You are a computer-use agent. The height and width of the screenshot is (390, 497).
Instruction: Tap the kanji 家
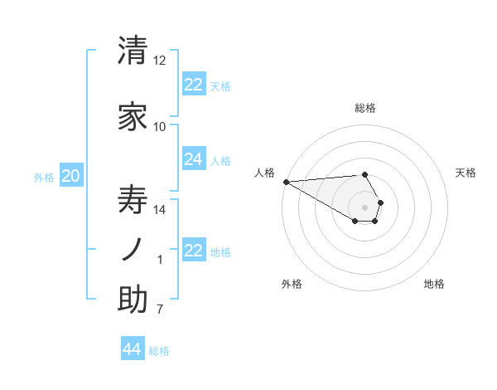[133, 117]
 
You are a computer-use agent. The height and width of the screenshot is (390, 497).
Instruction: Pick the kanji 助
[133, 300]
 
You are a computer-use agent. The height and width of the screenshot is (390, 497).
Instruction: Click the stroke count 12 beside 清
[160, 61]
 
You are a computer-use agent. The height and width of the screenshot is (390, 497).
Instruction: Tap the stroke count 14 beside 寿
[160, 210]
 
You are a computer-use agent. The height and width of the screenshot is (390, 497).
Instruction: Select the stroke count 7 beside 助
[160, 310]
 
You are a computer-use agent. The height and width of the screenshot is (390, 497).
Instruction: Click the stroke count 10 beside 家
[160, 127]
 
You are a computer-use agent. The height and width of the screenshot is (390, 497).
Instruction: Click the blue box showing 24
[194, 159]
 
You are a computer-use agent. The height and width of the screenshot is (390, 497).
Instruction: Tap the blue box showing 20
[71, 176]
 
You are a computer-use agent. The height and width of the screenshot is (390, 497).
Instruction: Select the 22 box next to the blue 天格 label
[194, 85]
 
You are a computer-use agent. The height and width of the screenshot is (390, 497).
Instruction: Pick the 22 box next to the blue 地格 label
[194, 251]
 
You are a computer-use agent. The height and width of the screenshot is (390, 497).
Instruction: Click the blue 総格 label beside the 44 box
[159, 351]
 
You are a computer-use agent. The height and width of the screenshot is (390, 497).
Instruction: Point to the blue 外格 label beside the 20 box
[44, 177]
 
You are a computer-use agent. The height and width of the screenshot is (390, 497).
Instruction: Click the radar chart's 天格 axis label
[466, 173]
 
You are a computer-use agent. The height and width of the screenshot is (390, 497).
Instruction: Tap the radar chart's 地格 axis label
[434, 284]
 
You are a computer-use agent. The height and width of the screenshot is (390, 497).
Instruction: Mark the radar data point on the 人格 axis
[286, 182]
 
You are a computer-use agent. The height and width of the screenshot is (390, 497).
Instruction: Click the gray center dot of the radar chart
[364, 207]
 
